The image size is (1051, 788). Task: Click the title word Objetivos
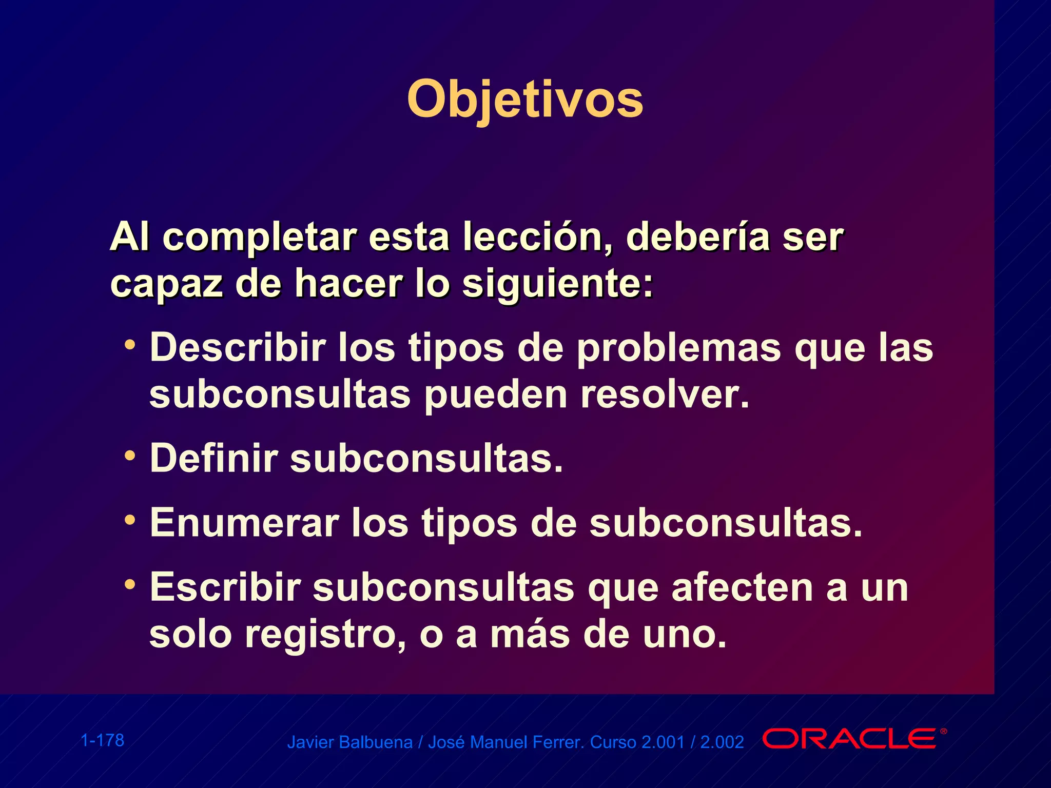click(x=524, y=100)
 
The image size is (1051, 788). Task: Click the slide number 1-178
click(x=103, y=740)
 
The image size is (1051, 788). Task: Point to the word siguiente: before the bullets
click(x=558, y=284)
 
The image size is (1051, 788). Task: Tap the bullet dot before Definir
click(x=130, y=455)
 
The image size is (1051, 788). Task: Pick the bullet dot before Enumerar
click(x=130, y=520)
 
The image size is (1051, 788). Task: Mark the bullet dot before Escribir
click(x=130, y=584)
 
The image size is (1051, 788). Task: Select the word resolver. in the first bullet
click(x=665, y=395)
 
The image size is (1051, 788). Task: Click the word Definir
click(x=213, y=458)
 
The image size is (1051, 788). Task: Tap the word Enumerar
click(x=244, y=523)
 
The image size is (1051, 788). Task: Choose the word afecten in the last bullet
click(x=742, y=587)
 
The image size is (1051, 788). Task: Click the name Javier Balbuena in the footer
click(x=349, y=742)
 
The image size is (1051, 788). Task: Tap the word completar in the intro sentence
click(x=260, y=237)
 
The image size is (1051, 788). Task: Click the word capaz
click(x=166, y=284)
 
